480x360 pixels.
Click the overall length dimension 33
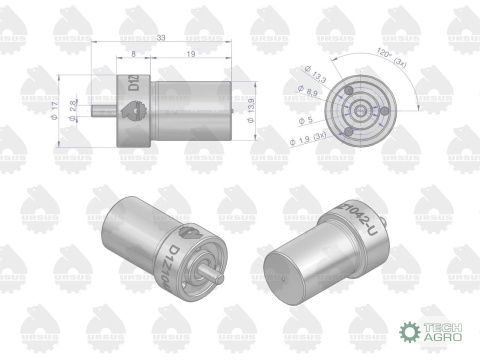click(162, 39)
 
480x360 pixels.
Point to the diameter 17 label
click(63, 106)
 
